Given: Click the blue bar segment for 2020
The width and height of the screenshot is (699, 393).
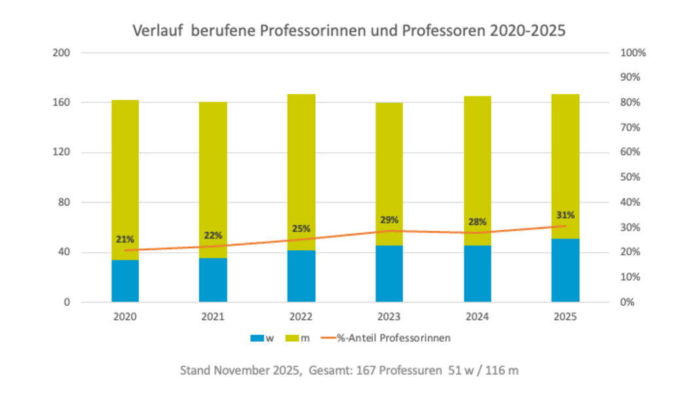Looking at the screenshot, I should coord(124,281).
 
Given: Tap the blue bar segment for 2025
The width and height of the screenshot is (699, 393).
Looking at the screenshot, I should coord(565,271).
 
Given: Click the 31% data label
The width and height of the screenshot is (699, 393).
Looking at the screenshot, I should coord(565,215).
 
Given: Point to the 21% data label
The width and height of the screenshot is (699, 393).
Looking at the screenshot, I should coord(124,239).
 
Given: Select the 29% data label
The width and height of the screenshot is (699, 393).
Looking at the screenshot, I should coord(389,219).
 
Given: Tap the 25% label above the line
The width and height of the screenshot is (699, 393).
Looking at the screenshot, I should coord(301,229).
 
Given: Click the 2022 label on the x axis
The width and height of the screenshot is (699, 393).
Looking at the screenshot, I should coord(301,317).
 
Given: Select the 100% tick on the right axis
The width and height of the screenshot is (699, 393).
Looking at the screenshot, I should coord(633,52).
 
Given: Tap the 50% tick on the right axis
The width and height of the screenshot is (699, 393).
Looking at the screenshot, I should coord(631,178).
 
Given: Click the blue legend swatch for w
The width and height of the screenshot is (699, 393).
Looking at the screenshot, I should coord(257,338).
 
